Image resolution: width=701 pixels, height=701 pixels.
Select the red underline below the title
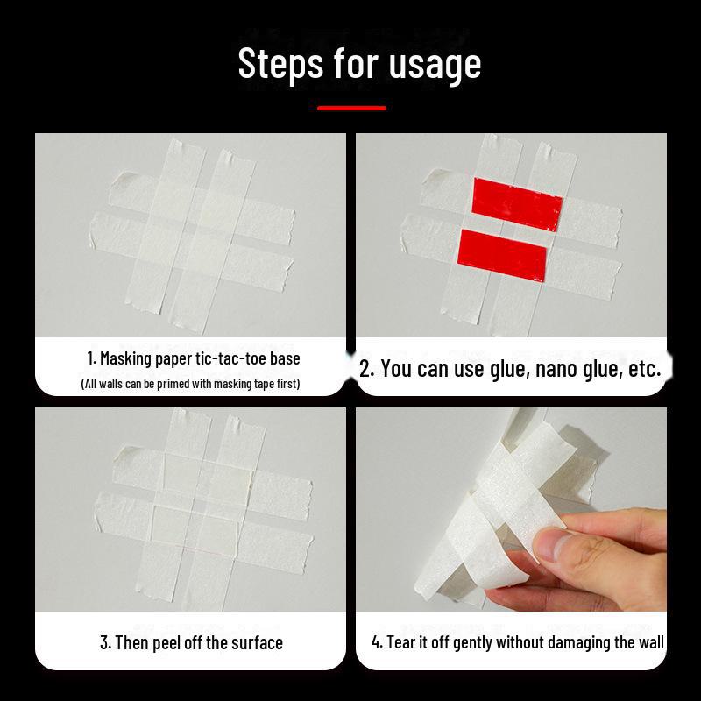351,109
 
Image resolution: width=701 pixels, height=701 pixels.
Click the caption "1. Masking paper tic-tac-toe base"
193,358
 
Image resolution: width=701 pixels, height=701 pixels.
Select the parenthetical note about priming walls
190,384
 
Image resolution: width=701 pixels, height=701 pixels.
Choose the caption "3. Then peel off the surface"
191,642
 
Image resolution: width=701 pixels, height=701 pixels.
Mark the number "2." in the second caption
367,368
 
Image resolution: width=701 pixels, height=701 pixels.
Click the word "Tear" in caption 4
402,642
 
